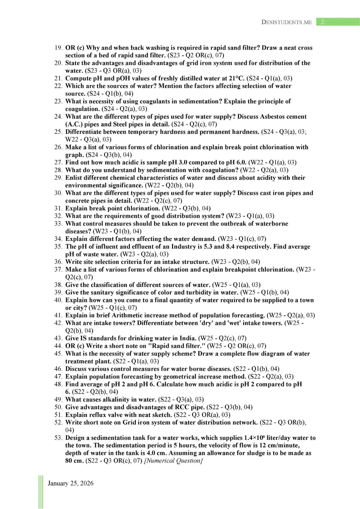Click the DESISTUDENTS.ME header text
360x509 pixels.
[286, 22]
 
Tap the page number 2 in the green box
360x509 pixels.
[322, 22]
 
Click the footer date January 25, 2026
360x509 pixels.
[71, 483]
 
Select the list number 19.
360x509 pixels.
[58, 48]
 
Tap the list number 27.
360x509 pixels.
[58, 162]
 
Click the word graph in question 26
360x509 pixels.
[74, 155]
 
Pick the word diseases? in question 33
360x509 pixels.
[78, 231]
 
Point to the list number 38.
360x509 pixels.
[58, 285]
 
